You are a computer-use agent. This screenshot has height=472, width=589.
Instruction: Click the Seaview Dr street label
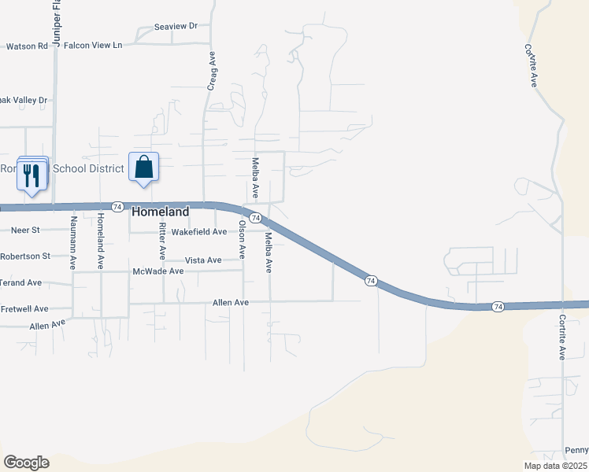coord(176,26)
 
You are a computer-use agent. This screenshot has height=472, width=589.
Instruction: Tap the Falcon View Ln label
coord(93,46)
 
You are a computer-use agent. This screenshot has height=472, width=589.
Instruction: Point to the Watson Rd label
coord(27,46)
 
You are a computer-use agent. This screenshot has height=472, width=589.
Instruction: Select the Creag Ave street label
coord(211,72)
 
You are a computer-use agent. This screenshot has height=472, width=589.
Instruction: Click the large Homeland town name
coord(161,212)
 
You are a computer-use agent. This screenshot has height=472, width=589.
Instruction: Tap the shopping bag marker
coord(143,168)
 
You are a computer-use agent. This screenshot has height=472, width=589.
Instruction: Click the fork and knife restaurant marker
coord(31,174)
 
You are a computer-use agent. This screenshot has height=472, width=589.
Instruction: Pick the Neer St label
coord(24,230)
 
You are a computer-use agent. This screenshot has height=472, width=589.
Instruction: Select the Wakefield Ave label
coord(199,232)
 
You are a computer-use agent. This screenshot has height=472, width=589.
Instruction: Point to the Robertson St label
coord(24,256)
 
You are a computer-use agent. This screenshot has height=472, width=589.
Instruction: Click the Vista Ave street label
coord(203,260)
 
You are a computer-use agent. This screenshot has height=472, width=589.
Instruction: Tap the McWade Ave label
coord(157,271)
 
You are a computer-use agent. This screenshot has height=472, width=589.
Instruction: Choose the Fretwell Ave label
coord(24,309)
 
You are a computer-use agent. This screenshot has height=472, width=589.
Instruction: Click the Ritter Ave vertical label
coord(162,242)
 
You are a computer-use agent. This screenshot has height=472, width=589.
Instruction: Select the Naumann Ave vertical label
coord(73,242)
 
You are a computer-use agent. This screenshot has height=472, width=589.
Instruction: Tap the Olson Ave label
coord(243,240)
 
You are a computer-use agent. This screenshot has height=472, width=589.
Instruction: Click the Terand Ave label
coord(20,282)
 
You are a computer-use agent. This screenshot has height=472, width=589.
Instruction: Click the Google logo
coord(26,463)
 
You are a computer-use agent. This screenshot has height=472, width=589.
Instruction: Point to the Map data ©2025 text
coord(555,466)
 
